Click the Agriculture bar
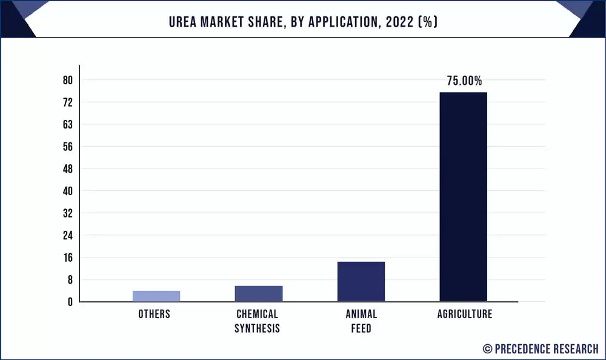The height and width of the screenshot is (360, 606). click(x=463, y=196)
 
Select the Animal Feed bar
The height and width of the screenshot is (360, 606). click(x=361, y=281)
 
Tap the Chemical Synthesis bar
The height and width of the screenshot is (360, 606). click(x=259, y=293)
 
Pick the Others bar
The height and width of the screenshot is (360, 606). click(x=156, y=296)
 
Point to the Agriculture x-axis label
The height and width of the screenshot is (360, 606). click(x=465, y=314)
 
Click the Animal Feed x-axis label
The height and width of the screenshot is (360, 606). click(x=361, y=321)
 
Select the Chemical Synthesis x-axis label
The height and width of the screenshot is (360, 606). click(x=258, y=321)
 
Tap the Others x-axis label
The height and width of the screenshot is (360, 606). click(x=155, y=314)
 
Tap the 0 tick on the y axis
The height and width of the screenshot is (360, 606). click(x=70, y=302)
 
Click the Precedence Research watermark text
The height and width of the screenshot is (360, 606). click(x=547, y=348)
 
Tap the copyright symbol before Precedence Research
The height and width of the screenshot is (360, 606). click(x=487, y=348)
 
